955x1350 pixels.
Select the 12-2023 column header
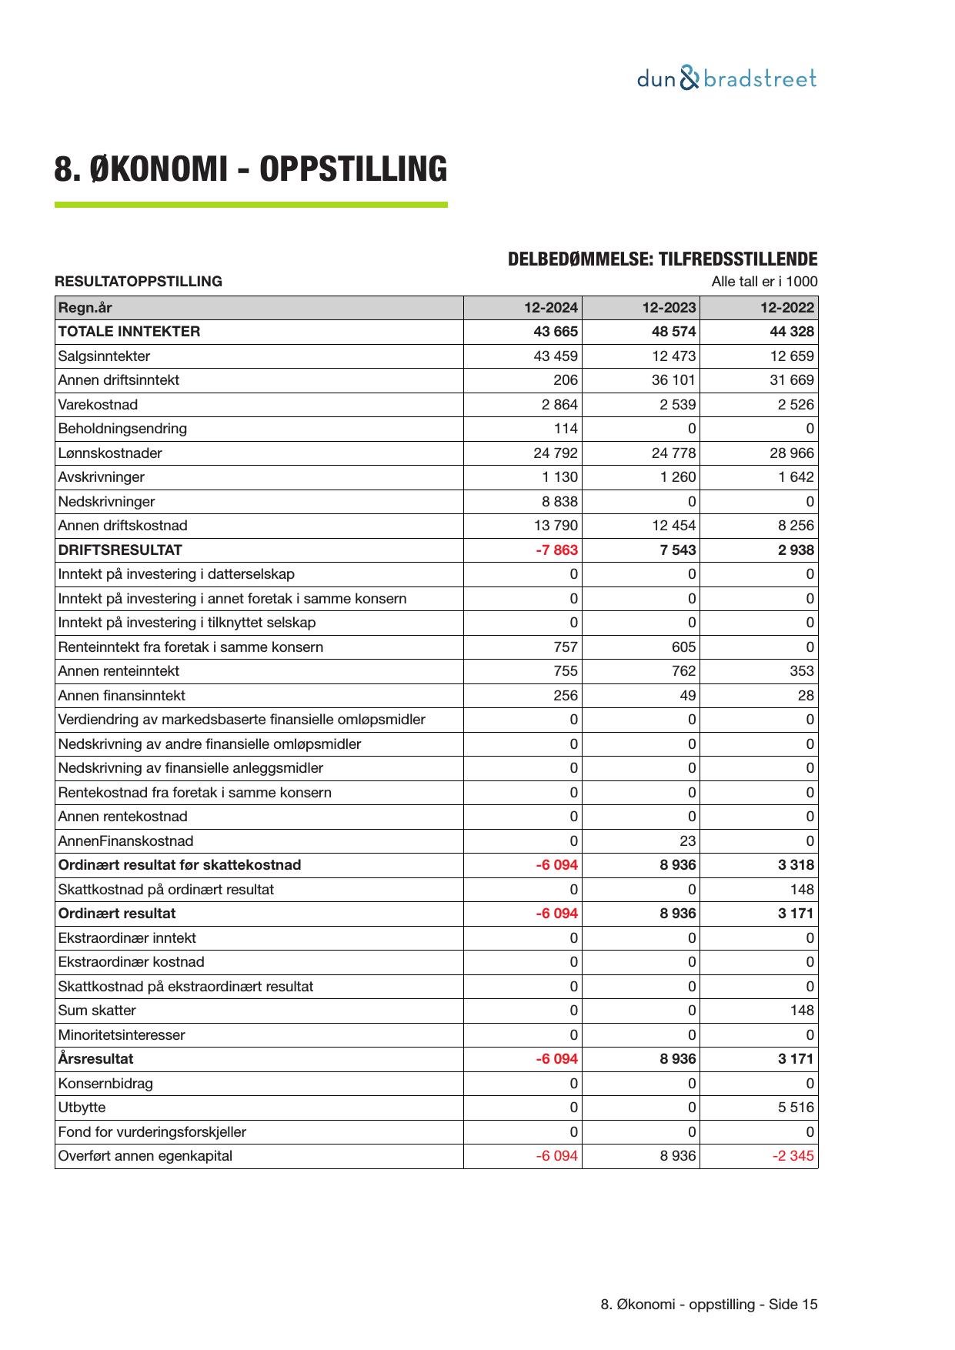(x=669, y=308)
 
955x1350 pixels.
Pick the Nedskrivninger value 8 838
(x=559, y=502)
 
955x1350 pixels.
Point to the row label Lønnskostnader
(x=110, y=453)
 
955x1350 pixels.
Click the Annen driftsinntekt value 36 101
(x=673, y=380)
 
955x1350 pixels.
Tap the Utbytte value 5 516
(x=795, y=1108)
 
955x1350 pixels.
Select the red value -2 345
(x=793, y=1156)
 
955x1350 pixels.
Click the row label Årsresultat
(x=95, y=1059)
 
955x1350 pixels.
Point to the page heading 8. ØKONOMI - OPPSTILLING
(x=251, y=169)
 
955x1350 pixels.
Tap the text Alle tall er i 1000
(x=764, y=282)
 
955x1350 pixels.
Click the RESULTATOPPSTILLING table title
(x=139, y=282)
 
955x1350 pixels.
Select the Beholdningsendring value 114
(x=566, y=429)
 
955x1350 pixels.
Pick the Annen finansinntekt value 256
(x=566, y=696)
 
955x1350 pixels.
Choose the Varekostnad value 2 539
(x=677, y=405)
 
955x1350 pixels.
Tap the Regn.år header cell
(x=85, y=308)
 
